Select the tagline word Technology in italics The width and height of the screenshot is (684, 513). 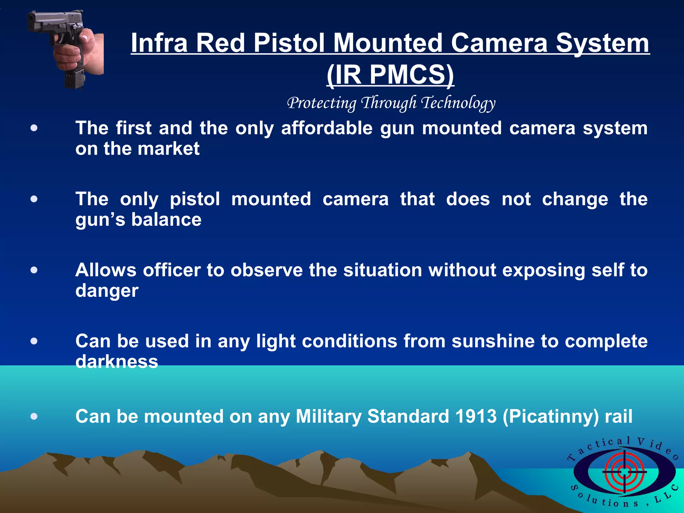(458, 103)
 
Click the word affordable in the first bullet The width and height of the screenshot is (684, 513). (327, 128)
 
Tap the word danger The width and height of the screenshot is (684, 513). (107, 291)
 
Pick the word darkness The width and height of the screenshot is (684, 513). (117, 362)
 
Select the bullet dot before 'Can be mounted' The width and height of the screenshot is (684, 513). (34, 416)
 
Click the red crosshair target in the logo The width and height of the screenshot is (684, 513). (624, 472)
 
